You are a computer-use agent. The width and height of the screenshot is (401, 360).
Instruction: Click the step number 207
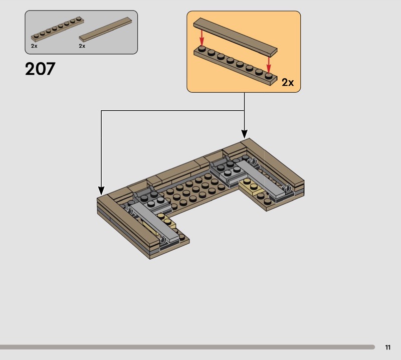pos(40,69)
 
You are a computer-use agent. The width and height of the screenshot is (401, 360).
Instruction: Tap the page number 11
pos(387,347)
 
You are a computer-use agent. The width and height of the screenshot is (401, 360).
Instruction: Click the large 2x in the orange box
pos(288,82)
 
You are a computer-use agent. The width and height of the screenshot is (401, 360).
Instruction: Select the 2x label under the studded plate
pos(34,46)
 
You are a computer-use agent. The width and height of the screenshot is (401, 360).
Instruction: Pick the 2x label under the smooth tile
pos(82,46)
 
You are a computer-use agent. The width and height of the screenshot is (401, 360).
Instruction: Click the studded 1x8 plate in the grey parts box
pos(58,29)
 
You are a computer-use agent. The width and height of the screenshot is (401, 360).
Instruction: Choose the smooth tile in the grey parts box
pos(105,29)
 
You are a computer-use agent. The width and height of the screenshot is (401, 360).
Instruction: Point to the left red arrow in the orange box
pos(202,38)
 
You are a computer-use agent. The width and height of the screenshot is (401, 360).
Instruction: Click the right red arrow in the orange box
pos(269,65)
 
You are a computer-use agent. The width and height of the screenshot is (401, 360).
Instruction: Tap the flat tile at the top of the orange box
pos(235,37)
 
